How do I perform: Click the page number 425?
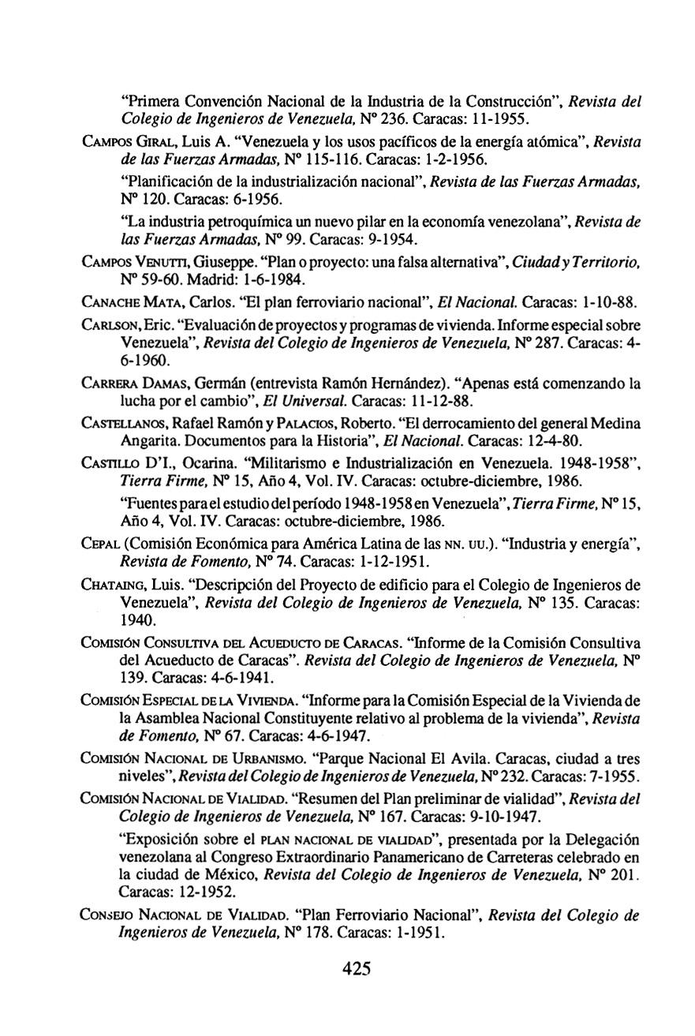tap(357, 968)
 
